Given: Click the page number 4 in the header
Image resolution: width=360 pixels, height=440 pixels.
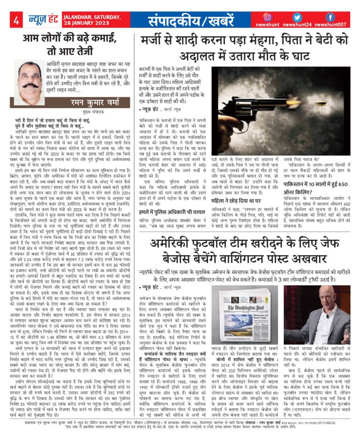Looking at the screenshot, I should click(x=16, y=20).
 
